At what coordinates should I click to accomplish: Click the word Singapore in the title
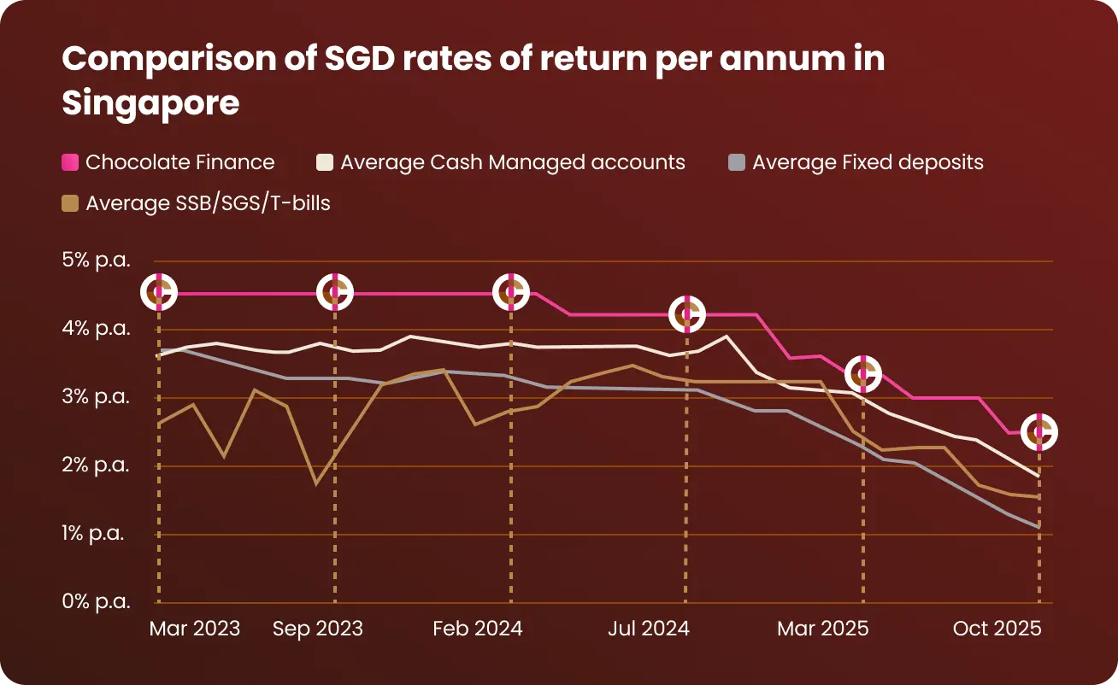[150, 103]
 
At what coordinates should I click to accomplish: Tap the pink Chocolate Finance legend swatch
[71, 162]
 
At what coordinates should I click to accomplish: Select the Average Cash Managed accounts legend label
[513, 162]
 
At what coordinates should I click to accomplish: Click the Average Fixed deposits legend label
[868, 162]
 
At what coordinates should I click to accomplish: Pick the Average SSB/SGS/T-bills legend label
[208, 204]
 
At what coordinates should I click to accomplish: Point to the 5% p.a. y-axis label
[96, 261]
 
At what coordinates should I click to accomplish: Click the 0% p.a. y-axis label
[96, 601]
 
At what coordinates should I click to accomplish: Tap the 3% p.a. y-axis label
[96, 397]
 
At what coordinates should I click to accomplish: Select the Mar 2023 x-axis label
[195, 629]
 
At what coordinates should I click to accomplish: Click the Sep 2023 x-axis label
[318, 629]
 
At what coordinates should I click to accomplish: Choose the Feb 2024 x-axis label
[478, 629]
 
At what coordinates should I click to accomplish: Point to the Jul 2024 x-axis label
[649, 629]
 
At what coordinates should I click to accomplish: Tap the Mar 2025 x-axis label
[822, 629]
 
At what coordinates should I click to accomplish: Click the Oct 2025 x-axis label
[997, 629]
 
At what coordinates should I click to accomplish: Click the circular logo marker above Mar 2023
[159, 292]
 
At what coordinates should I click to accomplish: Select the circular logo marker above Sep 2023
[335, 292]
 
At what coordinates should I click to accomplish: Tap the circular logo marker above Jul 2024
[687, 314]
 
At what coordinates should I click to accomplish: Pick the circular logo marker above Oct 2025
[1039, 433]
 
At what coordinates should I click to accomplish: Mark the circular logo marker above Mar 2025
[863, 373]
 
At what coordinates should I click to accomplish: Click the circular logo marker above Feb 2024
[511, 292]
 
